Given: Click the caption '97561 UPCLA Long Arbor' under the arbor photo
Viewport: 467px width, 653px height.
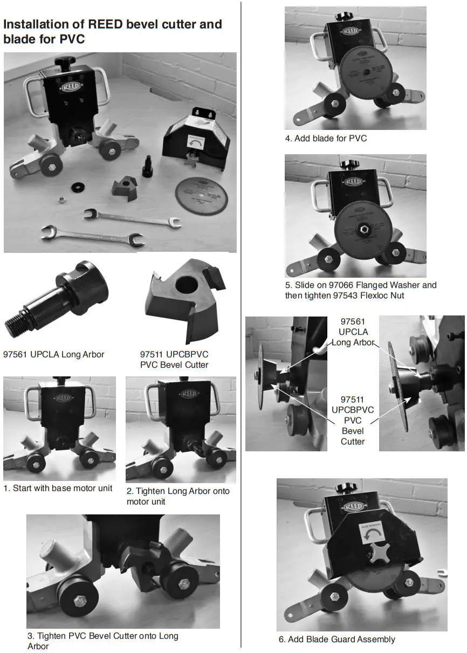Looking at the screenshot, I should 53,354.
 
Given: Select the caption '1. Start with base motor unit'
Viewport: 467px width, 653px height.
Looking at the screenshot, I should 58,488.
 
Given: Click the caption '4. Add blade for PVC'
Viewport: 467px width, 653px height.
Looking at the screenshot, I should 326,138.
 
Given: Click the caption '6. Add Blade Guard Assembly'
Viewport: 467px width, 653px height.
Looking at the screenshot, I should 336,639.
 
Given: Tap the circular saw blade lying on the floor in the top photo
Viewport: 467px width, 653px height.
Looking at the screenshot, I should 201,196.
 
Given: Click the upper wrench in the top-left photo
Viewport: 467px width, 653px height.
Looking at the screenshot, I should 132,218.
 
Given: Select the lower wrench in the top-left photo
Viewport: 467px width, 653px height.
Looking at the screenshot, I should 92,235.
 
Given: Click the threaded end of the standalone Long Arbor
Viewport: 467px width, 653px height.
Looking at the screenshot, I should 16,326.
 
